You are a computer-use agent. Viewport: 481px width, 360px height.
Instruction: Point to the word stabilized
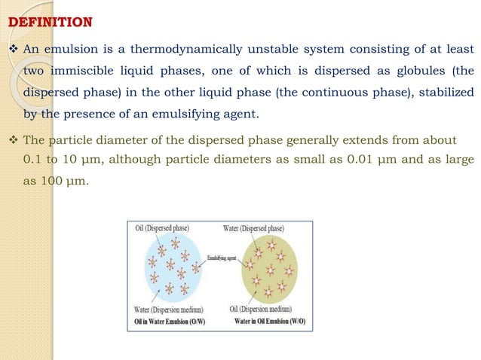point(437,94)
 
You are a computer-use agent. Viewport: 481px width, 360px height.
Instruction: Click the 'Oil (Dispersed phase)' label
point(161,227)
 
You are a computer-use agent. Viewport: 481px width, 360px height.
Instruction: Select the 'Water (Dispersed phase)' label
point(253,227)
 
